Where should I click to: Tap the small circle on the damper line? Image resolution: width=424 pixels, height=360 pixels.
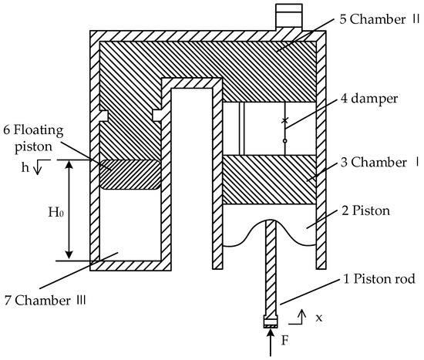coord(284,141)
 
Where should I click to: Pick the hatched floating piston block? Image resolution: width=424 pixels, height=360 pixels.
coord(129,174)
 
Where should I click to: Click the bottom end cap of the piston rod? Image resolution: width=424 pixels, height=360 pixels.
coord(270,324)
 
